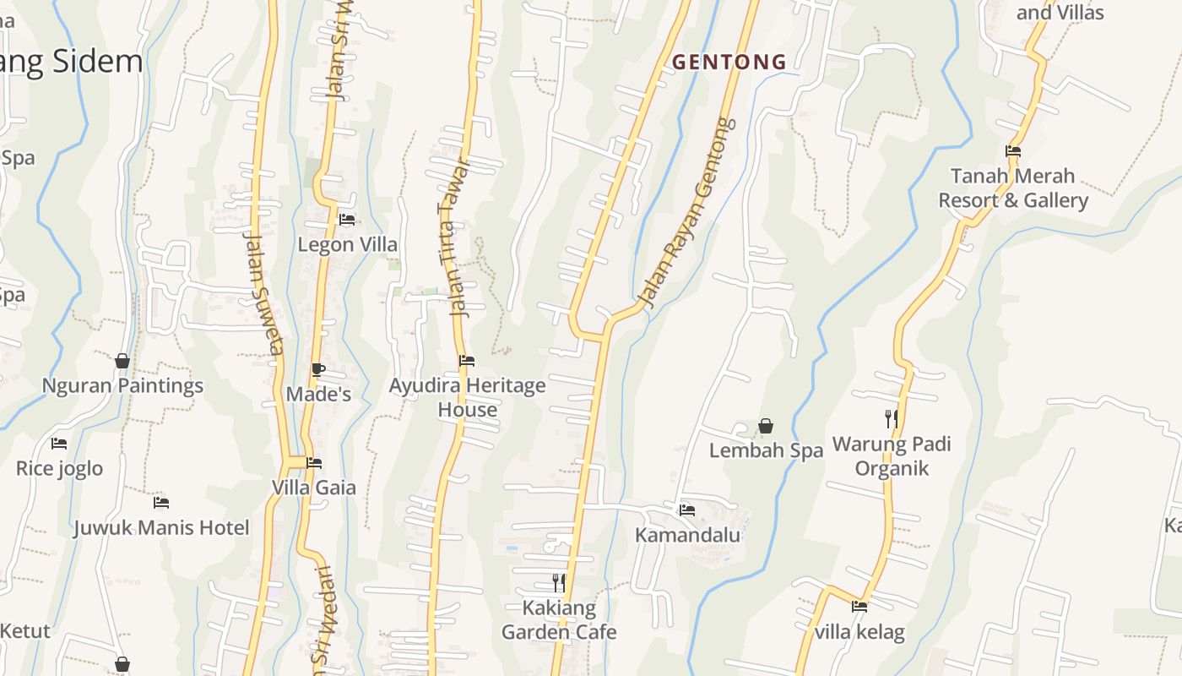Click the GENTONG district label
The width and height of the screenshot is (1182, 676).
tap(729, 62)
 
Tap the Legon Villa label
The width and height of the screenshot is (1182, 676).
tap(347, 244)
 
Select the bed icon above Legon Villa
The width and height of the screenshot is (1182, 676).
tap(347, 220)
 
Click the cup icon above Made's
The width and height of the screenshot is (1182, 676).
tap(318, 369)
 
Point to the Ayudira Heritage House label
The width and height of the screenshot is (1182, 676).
tap(467, 397)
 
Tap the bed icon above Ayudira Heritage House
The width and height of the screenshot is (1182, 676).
tap(467, 361)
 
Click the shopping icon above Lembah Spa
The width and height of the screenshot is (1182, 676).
tap(766, 426)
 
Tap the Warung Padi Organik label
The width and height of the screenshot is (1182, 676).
tap(892, 456)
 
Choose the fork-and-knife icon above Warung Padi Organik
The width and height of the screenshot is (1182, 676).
tap(892, 418)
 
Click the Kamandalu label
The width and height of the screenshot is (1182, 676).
tap(687, 535)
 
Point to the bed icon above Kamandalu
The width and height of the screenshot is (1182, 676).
tap(687, 510)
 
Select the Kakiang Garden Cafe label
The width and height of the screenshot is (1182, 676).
tap(559, 619)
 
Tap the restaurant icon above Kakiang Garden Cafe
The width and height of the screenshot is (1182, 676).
tap(559, 582)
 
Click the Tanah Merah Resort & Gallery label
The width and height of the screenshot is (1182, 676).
tap(1013, 188)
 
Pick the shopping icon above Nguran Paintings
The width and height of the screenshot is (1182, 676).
tap(122, 361)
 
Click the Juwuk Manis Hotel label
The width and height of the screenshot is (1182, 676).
tap(161, 528)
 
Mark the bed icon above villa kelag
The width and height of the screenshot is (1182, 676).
tap(859, 606)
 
